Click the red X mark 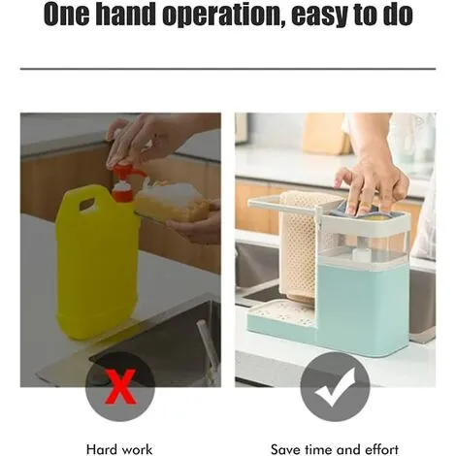pos(120,386)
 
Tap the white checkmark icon pos(335,388)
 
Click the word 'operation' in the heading pos(222,16)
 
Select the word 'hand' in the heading pos(126,15)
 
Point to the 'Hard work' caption pos(119,449)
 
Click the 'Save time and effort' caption pos(335,449)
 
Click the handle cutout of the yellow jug pos(88,204)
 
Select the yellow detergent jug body pos(97,262)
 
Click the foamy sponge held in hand pos(173,201)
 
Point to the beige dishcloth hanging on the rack pos(299,247)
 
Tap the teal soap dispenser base pos(362,309)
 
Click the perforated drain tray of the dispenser pos(280,312)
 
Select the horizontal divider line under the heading pos(228,69)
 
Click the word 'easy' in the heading pos(320,16)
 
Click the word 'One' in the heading pos(66,15)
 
